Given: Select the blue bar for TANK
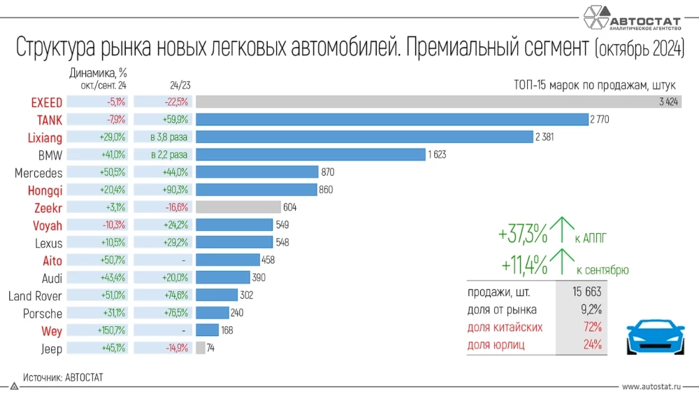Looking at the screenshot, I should [391, 120].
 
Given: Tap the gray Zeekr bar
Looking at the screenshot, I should [237, 207].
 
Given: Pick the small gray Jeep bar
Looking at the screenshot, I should [201, 348].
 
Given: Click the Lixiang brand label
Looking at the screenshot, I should [45, 137].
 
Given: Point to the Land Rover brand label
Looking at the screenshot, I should [35, 296].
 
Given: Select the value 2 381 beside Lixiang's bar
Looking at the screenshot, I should [545, 137].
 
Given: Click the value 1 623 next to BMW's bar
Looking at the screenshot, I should [438, 155].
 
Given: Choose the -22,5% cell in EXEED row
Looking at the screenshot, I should [164, 102].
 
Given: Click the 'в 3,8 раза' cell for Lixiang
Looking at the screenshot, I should [164, 137].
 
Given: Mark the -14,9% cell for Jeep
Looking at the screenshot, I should [164, 348].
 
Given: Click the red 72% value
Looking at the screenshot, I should [593, 327].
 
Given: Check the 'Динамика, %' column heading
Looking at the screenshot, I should [98, 71].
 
